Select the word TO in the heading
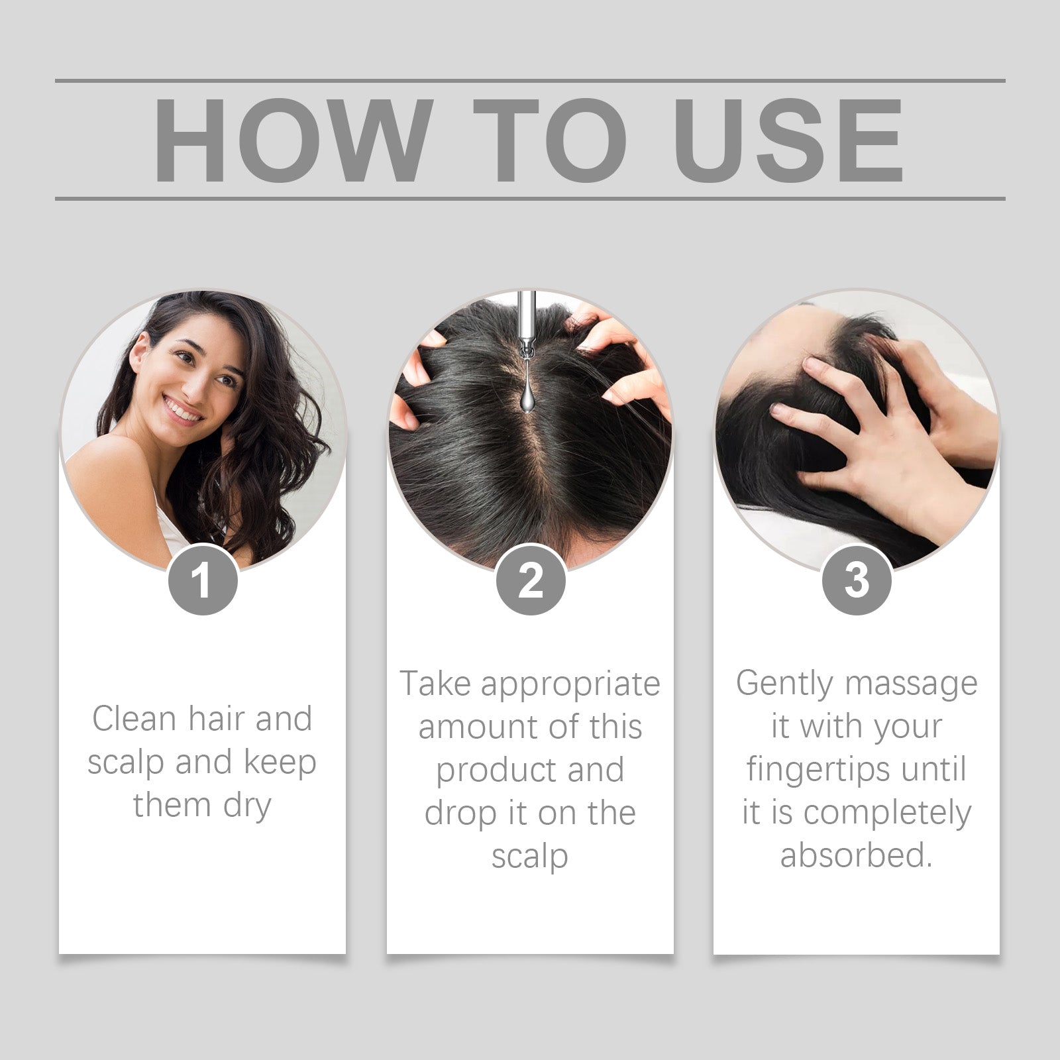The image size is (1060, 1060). coord(550,140)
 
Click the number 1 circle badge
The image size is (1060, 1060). coord(202,581)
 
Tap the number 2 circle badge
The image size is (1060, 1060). coord(530,581)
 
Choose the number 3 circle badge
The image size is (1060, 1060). coord(857,581)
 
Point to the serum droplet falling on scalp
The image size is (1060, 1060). coord(528,396)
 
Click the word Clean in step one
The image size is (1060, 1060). coord(134,719)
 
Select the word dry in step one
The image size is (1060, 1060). coord(247,806)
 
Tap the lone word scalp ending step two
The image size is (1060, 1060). coord(529,857)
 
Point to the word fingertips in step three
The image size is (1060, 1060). coord(818,770)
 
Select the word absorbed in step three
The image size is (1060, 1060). coord(855,855)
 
